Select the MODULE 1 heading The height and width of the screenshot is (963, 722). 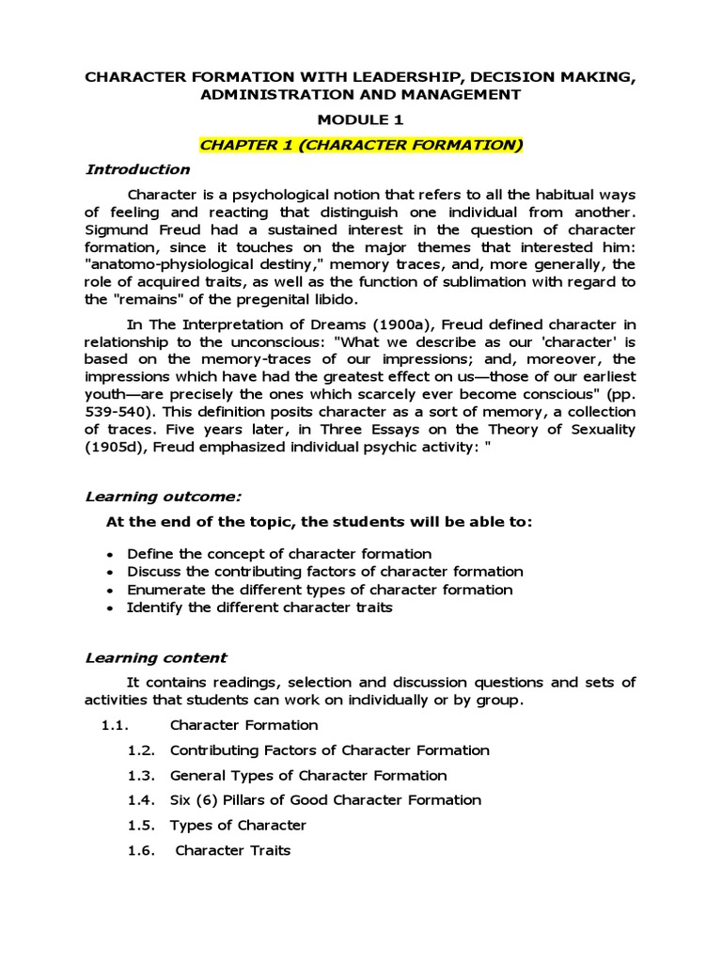(360, 119)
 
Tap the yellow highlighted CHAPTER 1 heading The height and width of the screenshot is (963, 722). (360, 145)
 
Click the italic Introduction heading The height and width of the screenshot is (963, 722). (137, 170)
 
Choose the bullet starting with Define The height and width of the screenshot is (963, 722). (279, 554)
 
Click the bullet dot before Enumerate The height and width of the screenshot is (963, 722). (112, 591)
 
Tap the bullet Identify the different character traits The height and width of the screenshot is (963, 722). (259, 608)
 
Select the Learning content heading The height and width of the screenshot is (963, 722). (156, 657)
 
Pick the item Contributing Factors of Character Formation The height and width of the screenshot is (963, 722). (329, 750)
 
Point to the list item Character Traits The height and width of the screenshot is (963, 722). (233, 850)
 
